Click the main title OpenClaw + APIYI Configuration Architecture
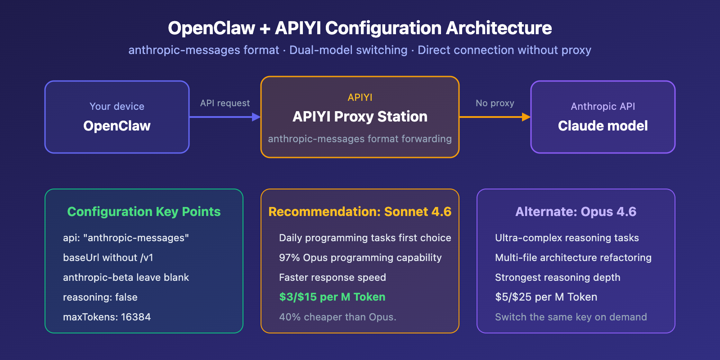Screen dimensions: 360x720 360,28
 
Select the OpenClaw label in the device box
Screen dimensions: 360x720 117,126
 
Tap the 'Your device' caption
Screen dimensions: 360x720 117,106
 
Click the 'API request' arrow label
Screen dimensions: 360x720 225,103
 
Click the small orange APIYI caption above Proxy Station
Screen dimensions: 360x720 360,97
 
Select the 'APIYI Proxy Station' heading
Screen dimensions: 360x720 360,117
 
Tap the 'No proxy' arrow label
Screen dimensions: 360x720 495,103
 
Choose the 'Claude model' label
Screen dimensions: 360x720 603,126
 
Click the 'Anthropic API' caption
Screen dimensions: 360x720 603,106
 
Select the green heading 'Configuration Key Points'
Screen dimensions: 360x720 144,211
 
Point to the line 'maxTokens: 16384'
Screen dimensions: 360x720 107,317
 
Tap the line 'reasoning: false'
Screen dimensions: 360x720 100,297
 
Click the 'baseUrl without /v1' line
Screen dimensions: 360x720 108,257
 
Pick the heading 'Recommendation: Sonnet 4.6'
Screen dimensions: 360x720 360,211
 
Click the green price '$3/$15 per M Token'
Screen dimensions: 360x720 332,297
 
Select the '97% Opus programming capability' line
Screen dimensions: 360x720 360,257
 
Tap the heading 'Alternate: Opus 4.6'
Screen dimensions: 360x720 576,211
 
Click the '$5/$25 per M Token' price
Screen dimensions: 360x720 546,297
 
